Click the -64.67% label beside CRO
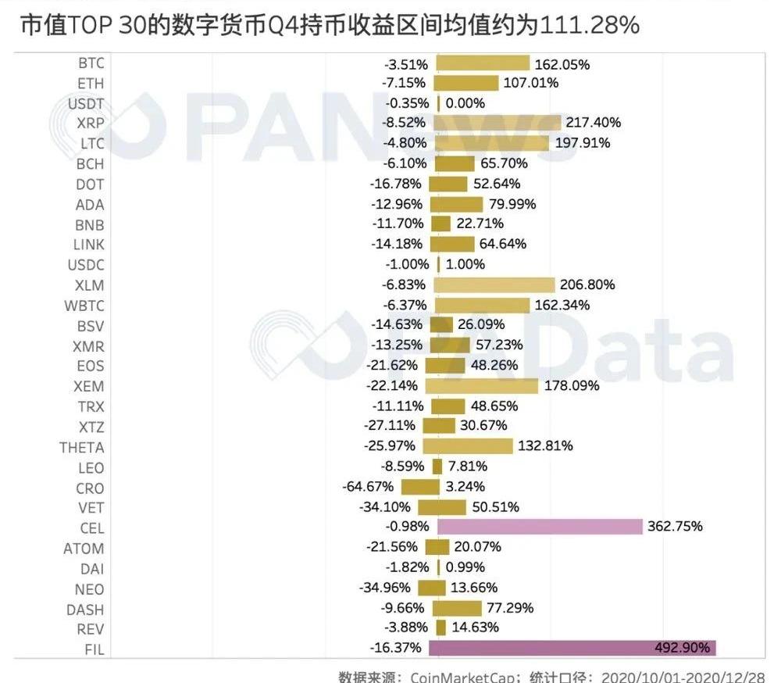click(369, 486)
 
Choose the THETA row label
click(81, 447)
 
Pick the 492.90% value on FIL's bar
click(683, 648)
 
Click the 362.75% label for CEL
click(675, 527)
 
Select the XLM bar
click(494, 284)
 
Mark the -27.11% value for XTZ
click(391, 426)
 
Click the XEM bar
click(482, 386)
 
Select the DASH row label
click(85, 610)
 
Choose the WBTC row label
click(84, 305)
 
